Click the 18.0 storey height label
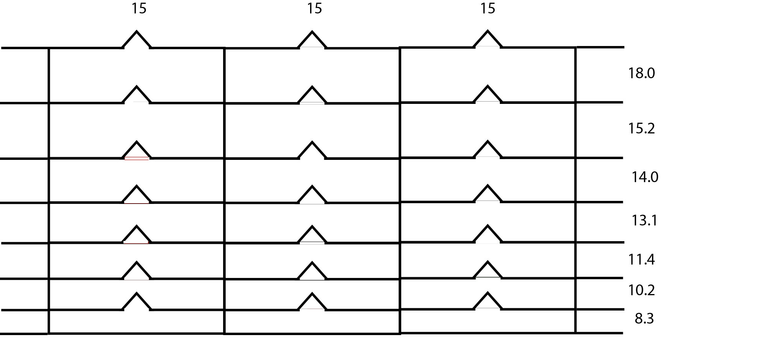641,73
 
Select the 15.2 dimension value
641,128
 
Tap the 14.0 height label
645,177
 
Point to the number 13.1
644,220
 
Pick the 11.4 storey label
641,260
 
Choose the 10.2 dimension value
641,290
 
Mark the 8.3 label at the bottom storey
644,318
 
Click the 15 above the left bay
139,8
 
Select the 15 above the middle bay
314,8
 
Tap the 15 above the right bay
488,8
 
